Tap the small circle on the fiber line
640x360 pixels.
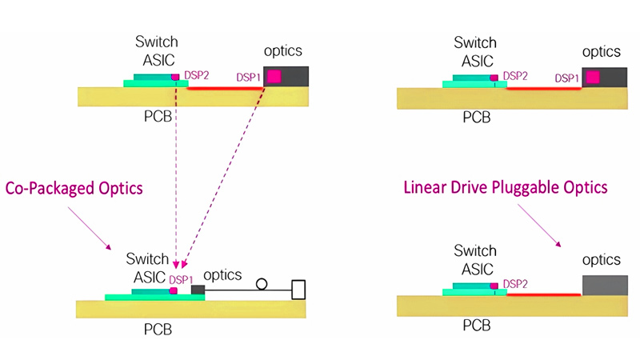(261, 283)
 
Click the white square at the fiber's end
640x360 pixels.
(299, 289)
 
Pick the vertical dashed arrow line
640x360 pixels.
(175, 176)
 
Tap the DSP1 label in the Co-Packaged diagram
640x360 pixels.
(180, 279)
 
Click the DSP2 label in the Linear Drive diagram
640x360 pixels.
(515, 284)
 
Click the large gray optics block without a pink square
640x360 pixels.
(603, 285)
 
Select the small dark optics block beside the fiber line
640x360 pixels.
(198, 289)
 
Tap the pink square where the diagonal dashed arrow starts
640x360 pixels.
(274, 77)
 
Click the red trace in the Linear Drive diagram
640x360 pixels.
(544, 294)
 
